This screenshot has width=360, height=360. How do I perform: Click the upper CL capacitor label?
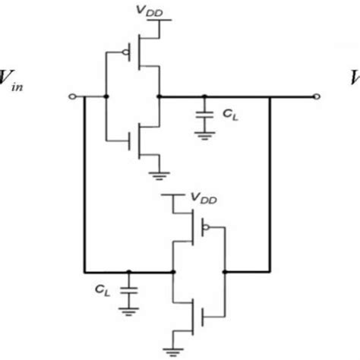pos(231,114)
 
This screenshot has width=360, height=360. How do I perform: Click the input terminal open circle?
pos(71,97)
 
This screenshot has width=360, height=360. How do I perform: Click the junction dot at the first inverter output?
pos(159,97)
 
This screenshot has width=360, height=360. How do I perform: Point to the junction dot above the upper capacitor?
pos(204,97)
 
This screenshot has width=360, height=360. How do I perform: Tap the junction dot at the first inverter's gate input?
pos(105,97)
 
